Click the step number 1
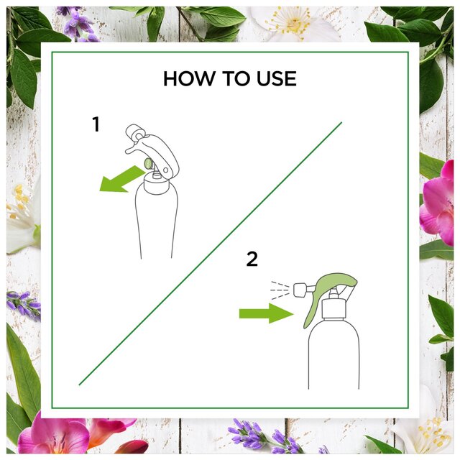tap(96, 124)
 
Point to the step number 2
tap(252, 259)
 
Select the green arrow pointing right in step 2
tap(267, 313)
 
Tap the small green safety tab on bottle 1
tap(148, 163)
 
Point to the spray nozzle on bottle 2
tap(300, 290)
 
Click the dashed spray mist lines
tap(280, 290)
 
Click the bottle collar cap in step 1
tap(157, 184)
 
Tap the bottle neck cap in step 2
tap(333, 308)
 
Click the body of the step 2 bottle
tap(333, 355)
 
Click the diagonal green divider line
tap(211, 254)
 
